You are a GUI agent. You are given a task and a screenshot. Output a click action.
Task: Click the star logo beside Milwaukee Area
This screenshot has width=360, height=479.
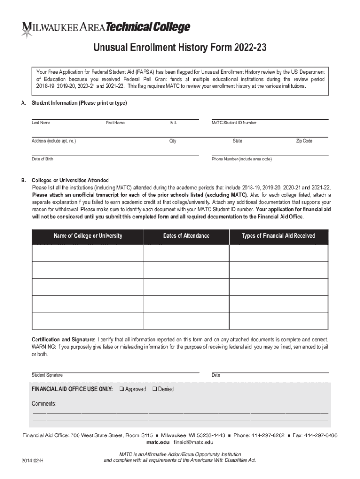tap(27, 31)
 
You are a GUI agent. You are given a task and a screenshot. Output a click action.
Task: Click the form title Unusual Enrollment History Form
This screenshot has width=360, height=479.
tap(180, 49)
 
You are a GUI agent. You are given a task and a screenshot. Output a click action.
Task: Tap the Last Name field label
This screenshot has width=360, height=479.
tap(41, 123)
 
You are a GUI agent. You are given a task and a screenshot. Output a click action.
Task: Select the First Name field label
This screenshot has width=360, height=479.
tap(115, 123)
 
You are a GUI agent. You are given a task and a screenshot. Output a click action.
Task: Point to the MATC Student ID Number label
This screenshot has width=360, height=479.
tap(234, 123)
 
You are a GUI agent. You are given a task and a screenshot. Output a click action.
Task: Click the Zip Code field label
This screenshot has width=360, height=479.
tap(304, 141)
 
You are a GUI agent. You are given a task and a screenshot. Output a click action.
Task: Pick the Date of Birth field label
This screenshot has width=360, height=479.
tap(43, 159)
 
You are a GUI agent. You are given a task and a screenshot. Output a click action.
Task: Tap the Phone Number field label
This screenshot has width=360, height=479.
tap(241, 159)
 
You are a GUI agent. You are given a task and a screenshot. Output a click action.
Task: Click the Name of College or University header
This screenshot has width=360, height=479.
tap(88, 236)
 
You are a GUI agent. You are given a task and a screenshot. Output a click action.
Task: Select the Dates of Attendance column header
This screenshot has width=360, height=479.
tap(186, 236)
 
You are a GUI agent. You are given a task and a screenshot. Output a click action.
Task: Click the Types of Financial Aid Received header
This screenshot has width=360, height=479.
tap(278, 236)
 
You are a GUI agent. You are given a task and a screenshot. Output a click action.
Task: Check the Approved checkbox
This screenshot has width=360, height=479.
tap(122, 389)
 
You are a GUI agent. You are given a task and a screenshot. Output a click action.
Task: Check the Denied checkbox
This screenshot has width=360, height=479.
tap(155, 389)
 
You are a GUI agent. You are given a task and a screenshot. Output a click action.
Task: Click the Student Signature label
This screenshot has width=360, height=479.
tap(47, 375)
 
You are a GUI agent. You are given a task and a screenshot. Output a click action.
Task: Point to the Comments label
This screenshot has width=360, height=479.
tap(44, 403)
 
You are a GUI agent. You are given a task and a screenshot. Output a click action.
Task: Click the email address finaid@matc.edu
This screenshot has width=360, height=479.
tap(194, 442)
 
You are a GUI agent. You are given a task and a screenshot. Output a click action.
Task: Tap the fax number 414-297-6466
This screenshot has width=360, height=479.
tap(320, 435)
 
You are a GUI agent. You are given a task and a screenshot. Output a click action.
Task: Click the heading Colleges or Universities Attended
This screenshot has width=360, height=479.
tap(70, 180)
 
